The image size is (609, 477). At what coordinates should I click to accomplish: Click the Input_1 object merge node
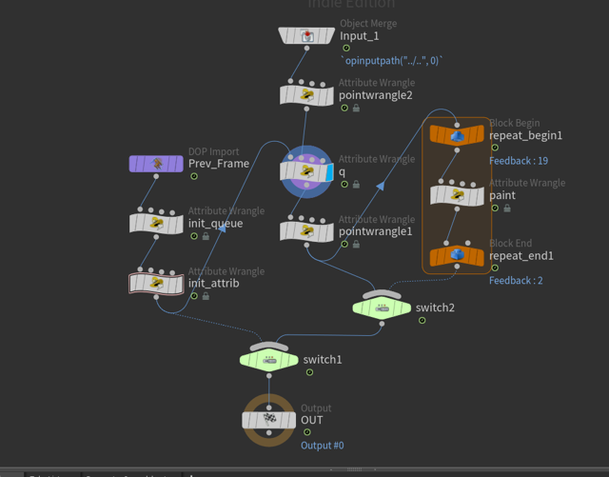pyautogui.click(x=306, y=36)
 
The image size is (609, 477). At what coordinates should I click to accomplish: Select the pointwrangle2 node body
pyautogui.click(x=306, y=95)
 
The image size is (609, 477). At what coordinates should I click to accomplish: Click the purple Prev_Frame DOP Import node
pyautogui.click(x=156, y=164)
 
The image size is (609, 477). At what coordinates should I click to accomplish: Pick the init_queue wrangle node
pyautogui.click(x=156, y=224)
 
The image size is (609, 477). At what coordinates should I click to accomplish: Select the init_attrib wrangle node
pyautogui.click(x=156, y=283)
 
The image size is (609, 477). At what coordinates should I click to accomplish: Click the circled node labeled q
pyautogui.click(x=306, y=171)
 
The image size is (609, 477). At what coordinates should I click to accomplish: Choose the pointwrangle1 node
pyautogui.click(x=306, y=230)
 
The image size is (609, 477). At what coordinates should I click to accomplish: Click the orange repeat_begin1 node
pyautogui.click(x=457, y=136)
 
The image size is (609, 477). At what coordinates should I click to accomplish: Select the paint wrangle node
pyautogui.click(x=457, y=195)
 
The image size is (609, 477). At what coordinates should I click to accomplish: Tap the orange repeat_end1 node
pyautogui.click(x=457, y=255)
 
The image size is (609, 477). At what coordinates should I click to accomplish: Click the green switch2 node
pyautogui.click(x=382, y=307)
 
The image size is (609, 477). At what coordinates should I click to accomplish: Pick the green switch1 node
pyautogui.click(x=269, y=359)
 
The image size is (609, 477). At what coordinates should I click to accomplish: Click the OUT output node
pyautogui.click(x=269, y=420)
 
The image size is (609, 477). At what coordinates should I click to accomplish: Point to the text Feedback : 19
pyautogui.click(x=519, y=161)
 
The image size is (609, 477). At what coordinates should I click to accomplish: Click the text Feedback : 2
pyautogui.click(x=516, y=281)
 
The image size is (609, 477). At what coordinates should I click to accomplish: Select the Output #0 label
pyautogui.click(x=323, y=446)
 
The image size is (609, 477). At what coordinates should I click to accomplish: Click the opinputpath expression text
pyautogui.click(x=395, y=61)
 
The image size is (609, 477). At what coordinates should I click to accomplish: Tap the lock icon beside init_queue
pyautogui.click(x=206, y=237)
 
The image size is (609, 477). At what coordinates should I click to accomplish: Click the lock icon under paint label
pyautogui.click(x=507, y=209)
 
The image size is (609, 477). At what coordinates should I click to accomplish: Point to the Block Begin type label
pyautogui.click(x=514, y=123)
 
